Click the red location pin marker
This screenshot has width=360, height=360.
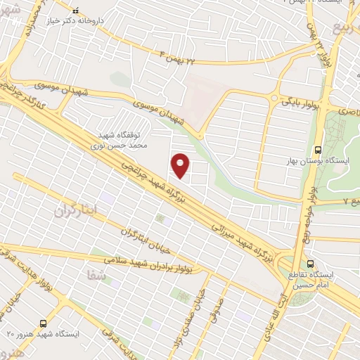click(x=181, y=165)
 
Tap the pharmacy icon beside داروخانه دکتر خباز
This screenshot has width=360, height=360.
click(x=77, y=12)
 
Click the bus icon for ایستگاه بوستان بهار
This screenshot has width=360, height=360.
click(x=319, y=150)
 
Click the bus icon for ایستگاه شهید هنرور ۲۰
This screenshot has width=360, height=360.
click(x=44, y=323)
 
